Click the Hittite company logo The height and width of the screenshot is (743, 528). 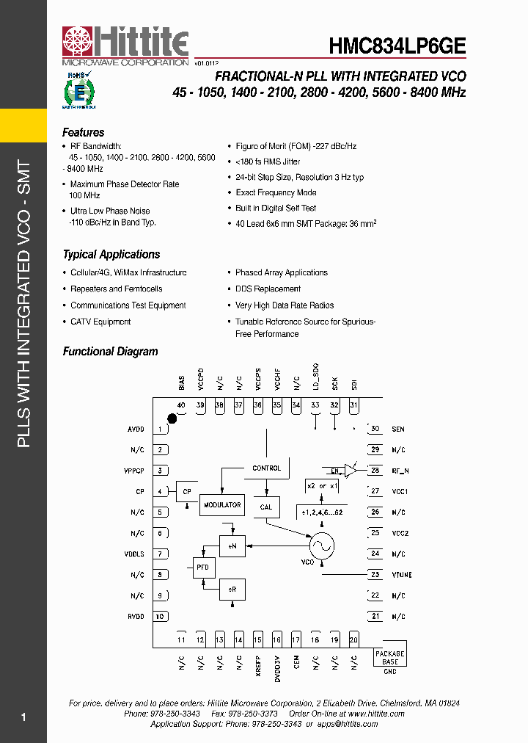pyautogui.click(x=125, y=47)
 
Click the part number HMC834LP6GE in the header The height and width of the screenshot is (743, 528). pyautogui.click(x=397, y=46)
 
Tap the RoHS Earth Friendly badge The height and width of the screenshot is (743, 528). pyautogui.click(x=78, y=90)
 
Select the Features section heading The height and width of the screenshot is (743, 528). pyautogui.click(x=83, y=133)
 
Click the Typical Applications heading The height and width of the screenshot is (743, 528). pyautogui.click(x=111, y=255)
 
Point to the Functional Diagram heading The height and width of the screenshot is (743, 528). pyautogui.click(x=110, y=352)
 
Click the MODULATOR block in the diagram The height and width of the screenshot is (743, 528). pyautogui.click(x=221, y=505)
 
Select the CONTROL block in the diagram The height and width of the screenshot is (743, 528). pyautogui.click(x=266, y=468)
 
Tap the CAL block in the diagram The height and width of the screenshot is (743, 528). pyautogui.click(x=265, y=507)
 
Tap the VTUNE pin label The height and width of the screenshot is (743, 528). pyautogui.click(x=401, y=575)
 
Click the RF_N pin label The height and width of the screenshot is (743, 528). pyautogui.click(x=400, y=471)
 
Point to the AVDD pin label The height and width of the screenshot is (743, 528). pyautogui.click(x=136, y=430)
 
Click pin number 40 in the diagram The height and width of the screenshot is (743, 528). pyautogui.click(x=180, y=405)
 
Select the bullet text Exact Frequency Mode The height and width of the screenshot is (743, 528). pyautogui.click(x=276, y=192)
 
